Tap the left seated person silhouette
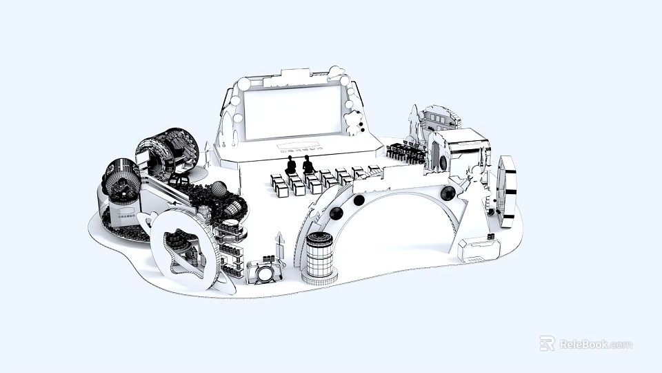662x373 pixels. pos(291,165)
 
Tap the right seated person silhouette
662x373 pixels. pos(308,165)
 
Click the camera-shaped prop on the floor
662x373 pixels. pos(264,272)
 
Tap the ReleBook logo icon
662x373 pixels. pos(548,343)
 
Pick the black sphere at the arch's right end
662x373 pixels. pos(448,193)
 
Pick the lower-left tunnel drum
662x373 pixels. pos(123,181)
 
